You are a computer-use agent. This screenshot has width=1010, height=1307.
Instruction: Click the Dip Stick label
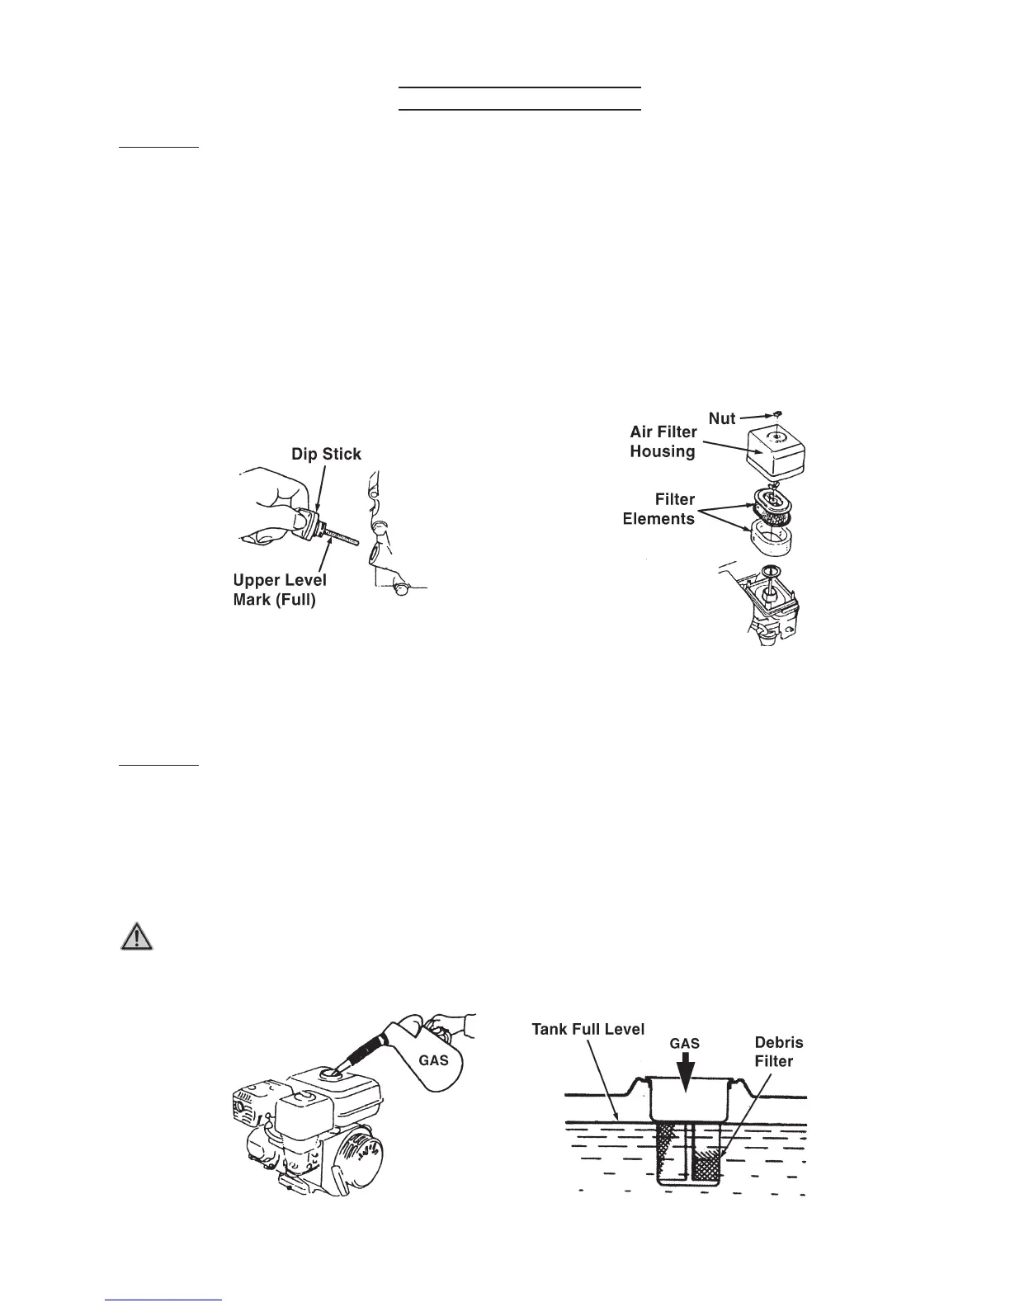point(326,455)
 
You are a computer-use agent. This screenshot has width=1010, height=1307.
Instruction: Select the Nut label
point(722,419)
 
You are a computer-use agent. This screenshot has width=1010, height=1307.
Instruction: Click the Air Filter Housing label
point(663,441)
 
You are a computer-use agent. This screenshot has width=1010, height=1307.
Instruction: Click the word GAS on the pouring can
point(433,1059)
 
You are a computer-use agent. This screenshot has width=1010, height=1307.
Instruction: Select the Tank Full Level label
point(588,1030)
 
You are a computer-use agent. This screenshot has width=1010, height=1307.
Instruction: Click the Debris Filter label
point(773,1052)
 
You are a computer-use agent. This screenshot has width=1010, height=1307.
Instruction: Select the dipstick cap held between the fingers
point(311,524)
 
